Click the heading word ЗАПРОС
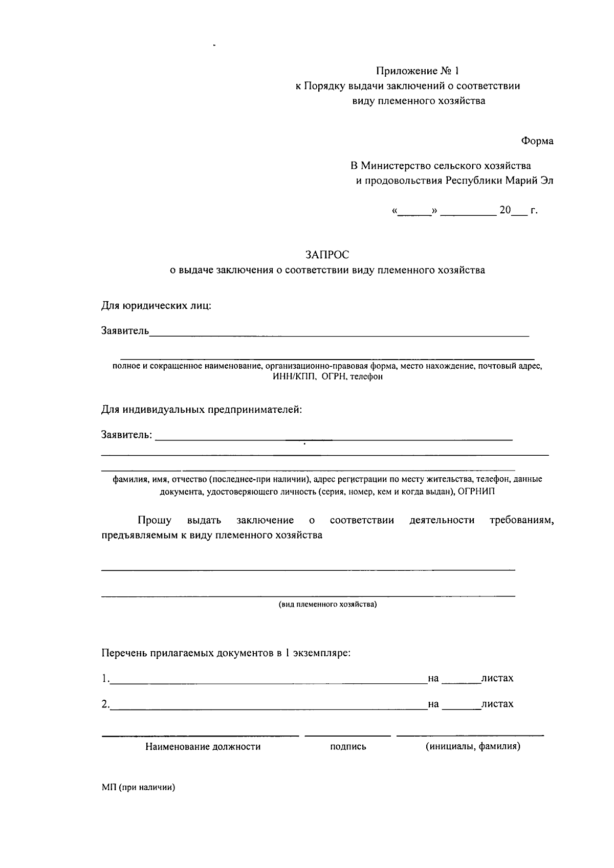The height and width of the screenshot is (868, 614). coord(327,254)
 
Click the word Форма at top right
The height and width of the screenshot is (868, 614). coord(537,141)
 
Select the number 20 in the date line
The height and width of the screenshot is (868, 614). coord(505,210)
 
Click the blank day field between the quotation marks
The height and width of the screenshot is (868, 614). coord(414,211)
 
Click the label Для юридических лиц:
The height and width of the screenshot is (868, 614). coord(156,306)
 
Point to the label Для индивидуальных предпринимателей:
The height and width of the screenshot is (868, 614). coord(202,410)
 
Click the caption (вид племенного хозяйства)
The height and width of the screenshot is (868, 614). coord(327,605)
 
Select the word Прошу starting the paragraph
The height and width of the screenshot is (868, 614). coord(155,521)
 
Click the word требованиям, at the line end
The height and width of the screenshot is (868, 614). coord(521,521)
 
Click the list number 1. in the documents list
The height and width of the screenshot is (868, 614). coord(105,678)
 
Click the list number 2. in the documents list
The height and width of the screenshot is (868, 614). coord(105,704)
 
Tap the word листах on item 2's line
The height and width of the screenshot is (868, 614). coord(497,704)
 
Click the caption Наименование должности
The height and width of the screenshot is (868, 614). coord(203,747)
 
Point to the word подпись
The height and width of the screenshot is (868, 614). coord(348,747)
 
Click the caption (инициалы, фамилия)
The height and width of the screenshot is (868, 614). coord(473,746)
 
